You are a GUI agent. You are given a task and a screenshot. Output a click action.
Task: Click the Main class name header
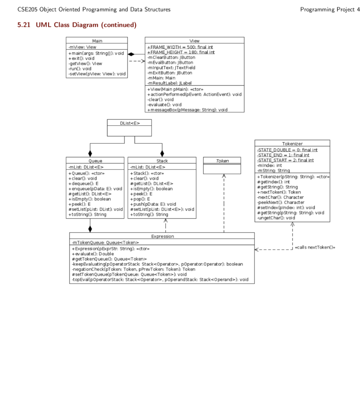point(97,41)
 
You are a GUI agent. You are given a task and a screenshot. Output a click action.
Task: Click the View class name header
point(194,41)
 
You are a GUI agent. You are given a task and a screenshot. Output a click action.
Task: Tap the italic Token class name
point(222,161)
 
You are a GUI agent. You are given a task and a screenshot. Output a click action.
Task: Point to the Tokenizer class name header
point(292,144)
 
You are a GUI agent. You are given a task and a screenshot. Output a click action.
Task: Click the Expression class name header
point(162,236)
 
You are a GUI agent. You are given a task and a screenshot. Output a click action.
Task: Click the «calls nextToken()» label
point(315,247)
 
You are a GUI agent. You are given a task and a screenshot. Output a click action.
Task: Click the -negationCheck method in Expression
point(133,269)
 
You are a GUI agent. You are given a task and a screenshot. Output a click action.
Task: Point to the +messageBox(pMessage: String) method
point(187,110)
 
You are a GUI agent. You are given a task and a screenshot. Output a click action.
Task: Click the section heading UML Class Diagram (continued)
point(77,26)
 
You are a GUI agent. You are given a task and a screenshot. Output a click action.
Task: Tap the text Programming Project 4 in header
point(330,9)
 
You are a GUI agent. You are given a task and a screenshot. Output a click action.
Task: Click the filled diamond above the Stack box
point(162,153)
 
